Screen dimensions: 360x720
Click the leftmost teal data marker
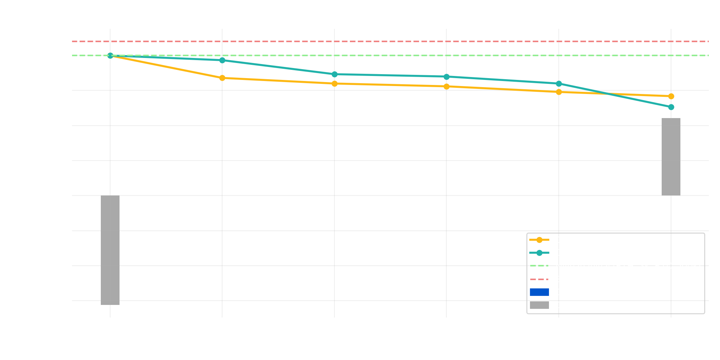(110, 56)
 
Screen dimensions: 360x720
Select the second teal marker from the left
(222, 60)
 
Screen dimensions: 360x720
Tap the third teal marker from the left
(334, 74)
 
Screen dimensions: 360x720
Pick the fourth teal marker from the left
(446, 77)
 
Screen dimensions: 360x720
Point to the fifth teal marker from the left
(559, 84)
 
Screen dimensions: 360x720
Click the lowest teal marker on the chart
(671, 107)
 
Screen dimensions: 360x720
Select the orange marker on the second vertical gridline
(222, 78)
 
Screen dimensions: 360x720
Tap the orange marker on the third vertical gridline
(334, 84)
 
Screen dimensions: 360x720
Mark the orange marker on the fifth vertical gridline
(559, 92)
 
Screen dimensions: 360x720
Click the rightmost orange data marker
(671, 96)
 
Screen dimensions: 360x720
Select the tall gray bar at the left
(110, 250)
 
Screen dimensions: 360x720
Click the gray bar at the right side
(671, 157)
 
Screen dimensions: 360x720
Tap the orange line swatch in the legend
(539, 240)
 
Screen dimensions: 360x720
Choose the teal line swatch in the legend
(539, 253)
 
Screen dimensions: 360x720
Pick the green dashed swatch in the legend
(539, 266)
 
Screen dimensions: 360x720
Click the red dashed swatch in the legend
(539, 279)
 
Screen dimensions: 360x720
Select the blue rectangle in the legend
(539, 292)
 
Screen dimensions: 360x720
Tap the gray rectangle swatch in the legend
(539, 305)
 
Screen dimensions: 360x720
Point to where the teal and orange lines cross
(608, 94)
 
